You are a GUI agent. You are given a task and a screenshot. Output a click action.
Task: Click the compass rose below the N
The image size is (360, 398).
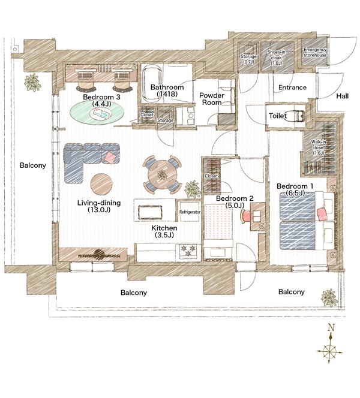pyautogui.click(x=331, y=351)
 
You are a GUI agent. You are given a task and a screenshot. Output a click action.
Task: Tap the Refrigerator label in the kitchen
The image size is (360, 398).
pyautogui.click(x=189, y=212)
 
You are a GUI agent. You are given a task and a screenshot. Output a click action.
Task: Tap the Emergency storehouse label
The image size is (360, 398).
pyautogui.click(x=315, y=52)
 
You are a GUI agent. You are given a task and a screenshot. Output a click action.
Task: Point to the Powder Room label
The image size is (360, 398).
pyautogui.click(x=212, y=99)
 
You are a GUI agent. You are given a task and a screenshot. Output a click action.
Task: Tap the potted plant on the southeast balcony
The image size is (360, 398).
pyautogui.click(x=329, y=297)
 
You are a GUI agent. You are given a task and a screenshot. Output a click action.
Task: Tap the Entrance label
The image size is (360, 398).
pyautogui.click(x=292, y=88)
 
